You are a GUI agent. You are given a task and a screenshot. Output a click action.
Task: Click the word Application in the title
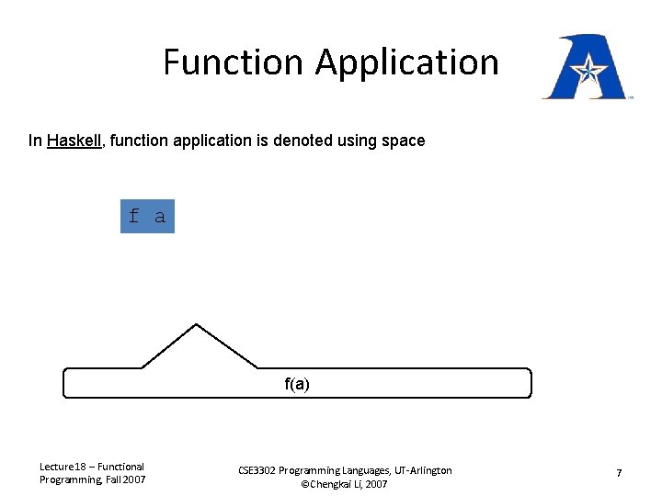[406, 62]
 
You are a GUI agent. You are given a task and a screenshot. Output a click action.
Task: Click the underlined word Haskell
[74, 141]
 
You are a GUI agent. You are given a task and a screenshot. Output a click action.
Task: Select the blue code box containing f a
[147, 217]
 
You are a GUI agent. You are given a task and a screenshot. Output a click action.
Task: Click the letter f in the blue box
[134, 217]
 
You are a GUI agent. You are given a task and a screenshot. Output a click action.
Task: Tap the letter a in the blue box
[160, 217]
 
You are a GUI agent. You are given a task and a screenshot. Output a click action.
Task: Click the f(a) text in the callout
[297, 384]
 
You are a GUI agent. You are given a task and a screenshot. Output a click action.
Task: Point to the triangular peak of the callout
[197, 327]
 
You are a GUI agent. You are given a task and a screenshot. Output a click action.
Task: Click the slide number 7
[619, 473]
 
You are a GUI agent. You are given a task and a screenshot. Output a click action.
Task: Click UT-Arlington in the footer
[419, 470]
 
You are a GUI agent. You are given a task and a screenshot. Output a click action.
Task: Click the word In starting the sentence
[34, 141]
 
